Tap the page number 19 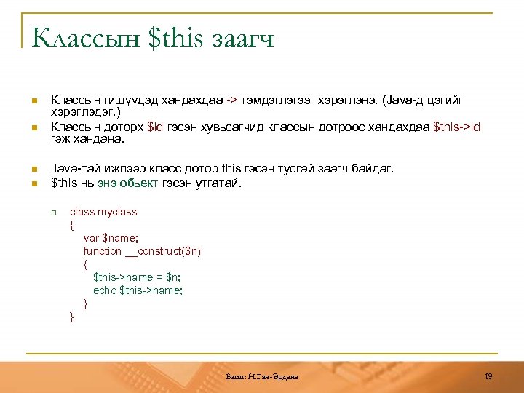point(488,376)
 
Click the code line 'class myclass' point(103,212)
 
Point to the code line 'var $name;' point(111,238)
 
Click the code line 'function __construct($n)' point(142,251)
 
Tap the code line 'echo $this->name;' point(138,290)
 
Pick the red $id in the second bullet point(155,127)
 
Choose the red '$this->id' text point(456,127)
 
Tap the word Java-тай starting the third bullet point(71,169)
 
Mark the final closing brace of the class point(71,317)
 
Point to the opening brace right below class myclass point(71,225)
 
